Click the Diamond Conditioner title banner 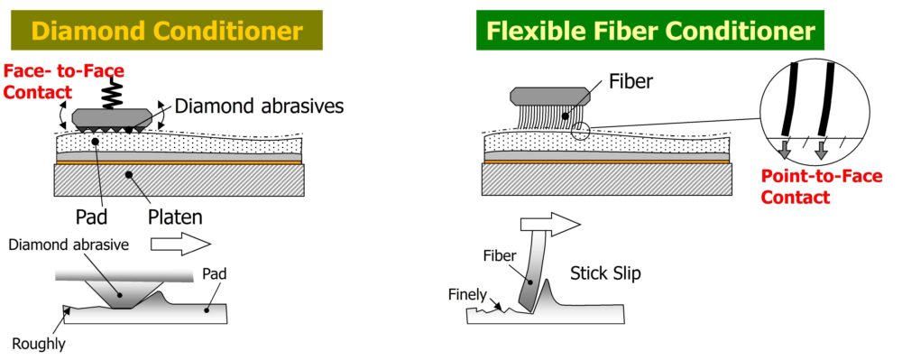[167, 30]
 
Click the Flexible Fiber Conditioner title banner [650, 30]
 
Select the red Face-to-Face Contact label [63, 81]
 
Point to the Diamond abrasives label [259, 106]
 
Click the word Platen [175, 217]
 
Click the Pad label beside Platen [92, 217]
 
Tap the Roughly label [39, 344]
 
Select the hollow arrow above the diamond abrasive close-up [180, 245]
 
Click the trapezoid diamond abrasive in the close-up [121, 294]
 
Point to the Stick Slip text [605, 273]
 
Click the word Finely [467, 294]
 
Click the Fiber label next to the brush [631, 81]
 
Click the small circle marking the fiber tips [580, 132]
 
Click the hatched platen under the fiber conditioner [607, 180]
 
